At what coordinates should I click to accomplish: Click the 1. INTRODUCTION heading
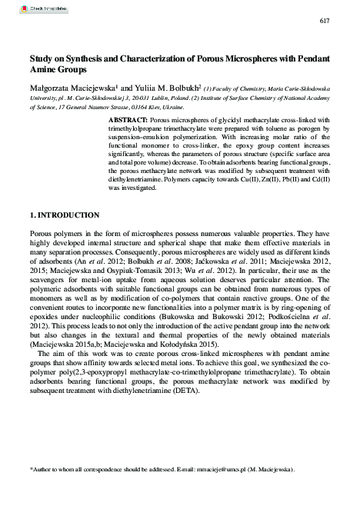pos(64,214)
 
